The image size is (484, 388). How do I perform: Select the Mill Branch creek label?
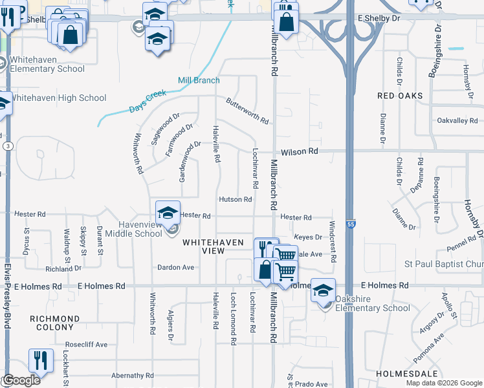(199, 80)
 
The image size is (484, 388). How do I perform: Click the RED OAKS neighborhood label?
(400, 96)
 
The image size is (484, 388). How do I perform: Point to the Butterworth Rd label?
(247, 111)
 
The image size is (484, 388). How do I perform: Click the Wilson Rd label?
(300, 151)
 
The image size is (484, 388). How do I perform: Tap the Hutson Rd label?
(235, 200)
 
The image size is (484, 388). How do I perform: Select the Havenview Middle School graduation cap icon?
(167, 211)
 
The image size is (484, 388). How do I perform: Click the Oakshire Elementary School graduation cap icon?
(323, 290)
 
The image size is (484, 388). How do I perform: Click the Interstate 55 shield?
(349, 224)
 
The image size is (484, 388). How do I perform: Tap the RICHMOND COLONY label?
(55, 323)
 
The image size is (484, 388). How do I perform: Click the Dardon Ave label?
(175, 267)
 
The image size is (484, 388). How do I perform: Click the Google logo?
(21, 380)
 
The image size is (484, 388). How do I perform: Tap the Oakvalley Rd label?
(457, 121)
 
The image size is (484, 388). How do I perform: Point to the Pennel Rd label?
(460, 244)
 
